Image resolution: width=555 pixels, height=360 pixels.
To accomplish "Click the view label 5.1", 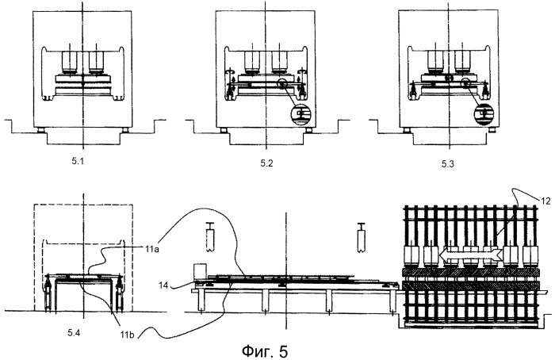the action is (78, 162).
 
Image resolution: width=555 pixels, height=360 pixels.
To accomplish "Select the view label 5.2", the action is (267, 163).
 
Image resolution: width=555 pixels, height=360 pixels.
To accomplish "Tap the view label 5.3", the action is (447, 164).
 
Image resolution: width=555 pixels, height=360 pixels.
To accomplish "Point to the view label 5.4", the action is (75, 332).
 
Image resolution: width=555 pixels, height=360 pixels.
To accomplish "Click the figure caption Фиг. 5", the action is (265, 351).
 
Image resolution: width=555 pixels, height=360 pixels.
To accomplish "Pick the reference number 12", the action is (546, 201).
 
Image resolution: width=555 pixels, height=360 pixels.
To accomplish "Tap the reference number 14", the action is (163, 285).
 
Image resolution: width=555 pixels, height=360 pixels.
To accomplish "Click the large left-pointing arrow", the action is (470, 255).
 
